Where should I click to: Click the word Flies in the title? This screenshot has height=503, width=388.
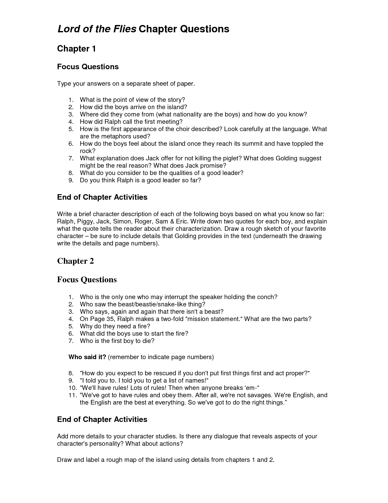[123, 29]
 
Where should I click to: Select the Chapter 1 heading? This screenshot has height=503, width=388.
[77, 49]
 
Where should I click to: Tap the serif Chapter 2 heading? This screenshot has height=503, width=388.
[75, 261]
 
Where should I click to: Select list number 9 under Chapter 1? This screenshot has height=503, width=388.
[71, 180]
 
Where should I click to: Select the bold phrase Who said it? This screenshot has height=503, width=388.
[87, 357]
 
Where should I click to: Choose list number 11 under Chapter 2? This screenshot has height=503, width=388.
[72, 395]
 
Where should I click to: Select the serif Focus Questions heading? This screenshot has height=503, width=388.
[87, 280]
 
